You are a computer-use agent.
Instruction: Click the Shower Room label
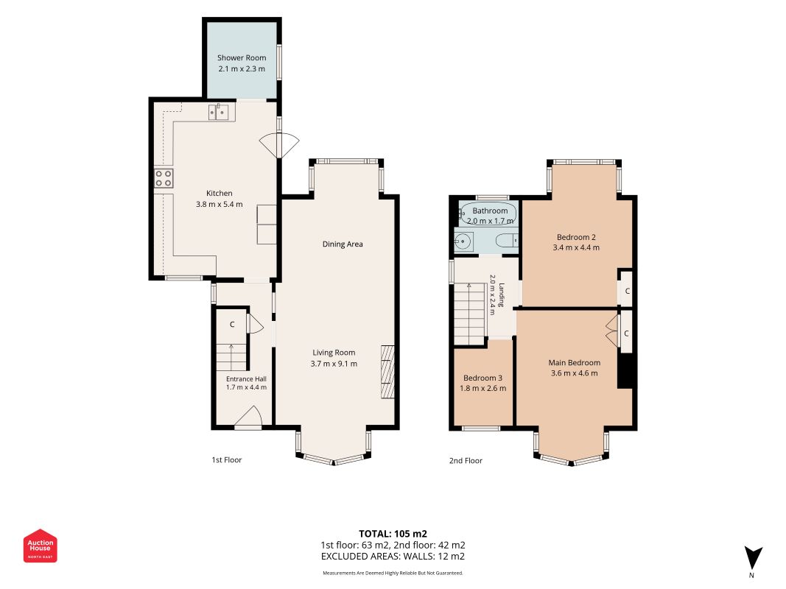click(242, 57)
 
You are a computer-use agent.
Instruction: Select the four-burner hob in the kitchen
click(164, 178)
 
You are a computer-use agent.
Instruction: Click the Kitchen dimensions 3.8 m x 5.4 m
click(219, 205)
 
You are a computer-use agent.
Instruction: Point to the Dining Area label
click(343, 244)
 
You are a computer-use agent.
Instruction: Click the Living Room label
click(334, 353)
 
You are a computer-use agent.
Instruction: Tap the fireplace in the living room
click(387, 372)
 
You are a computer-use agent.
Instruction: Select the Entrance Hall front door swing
click(248, 417)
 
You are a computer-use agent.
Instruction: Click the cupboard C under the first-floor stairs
click(232, 325)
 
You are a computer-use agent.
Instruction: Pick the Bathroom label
click(490, 211)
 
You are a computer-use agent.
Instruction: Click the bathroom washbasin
click(463, 241)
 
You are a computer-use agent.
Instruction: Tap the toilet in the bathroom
click(506, 241)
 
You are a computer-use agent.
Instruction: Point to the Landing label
click(501, 295)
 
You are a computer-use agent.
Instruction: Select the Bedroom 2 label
click(576, 237)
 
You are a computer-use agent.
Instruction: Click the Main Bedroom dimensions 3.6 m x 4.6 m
click(574, 373)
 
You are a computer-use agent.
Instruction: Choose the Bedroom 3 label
click(483, 378)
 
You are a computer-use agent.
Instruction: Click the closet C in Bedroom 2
click(627, 291)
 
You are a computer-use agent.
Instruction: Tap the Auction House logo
click(40, 546)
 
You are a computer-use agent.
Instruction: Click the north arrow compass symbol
click(753, 557)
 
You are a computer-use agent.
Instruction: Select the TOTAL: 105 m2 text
click(393, 534)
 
